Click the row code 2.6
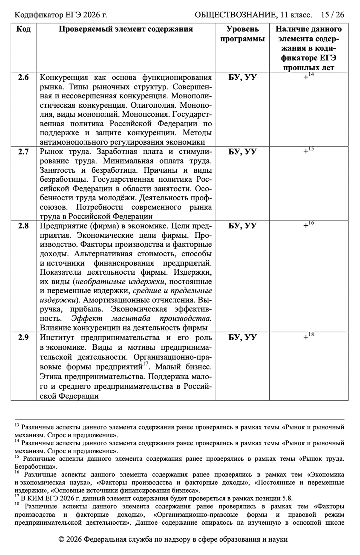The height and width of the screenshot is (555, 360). (x=23, y=77)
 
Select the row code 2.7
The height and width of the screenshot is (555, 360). (x=23, y=152)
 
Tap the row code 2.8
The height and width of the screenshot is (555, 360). (x=23, y=226)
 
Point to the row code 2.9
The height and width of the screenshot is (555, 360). (x=23, y=338)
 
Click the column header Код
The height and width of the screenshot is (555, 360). (x=23, y=29)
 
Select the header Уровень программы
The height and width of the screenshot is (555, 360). (x=243, y=34)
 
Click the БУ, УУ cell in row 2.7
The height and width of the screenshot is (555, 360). (x=243, y=152)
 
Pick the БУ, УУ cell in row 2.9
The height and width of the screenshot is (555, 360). (x=243, y=338)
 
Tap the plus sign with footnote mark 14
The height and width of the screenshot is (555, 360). (x=306, y=77)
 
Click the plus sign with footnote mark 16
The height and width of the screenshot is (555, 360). (x=306, y=226)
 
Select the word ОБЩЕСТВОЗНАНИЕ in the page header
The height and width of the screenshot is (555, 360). (x=235, y=15)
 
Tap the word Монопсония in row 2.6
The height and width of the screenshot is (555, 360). (x=146, y=115)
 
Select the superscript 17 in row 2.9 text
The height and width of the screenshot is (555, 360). (x=146, y=364)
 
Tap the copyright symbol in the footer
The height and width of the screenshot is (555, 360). (x=61, y=540)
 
